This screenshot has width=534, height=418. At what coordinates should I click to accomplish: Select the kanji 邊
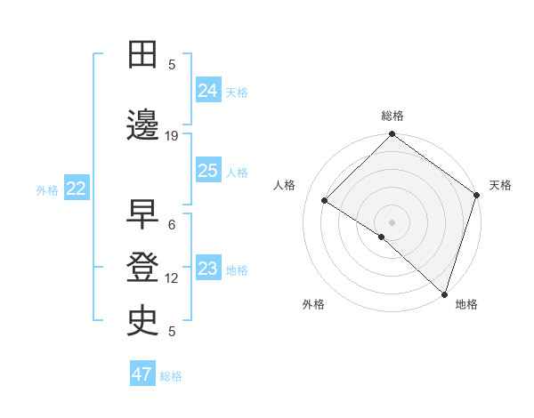pos(142,125)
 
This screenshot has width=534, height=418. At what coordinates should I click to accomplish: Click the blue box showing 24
pos(207,90)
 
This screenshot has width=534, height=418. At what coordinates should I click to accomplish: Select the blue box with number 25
pos(207,171)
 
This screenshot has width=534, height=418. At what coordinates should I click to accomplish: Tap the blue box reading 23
pos(207,269)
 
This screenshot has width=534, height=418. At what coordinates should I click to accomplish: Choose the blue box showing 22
pos(76,188)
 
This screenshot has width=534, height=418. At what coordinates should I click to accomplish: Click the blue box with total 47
pos(142,374)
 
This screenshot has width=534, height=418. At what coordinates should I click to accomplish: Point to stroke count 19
pos(172,136)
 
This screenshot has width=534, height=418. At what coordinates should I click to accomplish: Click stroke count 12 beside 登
pos(172,278)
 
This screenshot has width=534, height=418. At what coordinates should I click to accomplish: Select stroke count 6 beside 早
pos(172,225)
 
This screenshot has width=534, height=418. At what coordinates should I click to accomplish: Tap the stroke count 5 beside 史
pos(172,332)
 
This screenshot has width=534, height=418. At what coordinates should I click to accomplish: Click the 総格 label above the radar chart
pos(392,116)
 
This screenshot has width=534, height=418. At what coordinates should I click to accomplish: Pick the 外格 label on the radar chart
pos(313,304)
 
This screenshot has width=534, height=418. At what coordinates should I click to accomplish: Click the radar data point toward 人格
pos(325,201)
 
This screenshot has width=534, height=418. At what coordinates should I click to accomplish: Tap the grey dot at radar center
pos(392,221)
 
